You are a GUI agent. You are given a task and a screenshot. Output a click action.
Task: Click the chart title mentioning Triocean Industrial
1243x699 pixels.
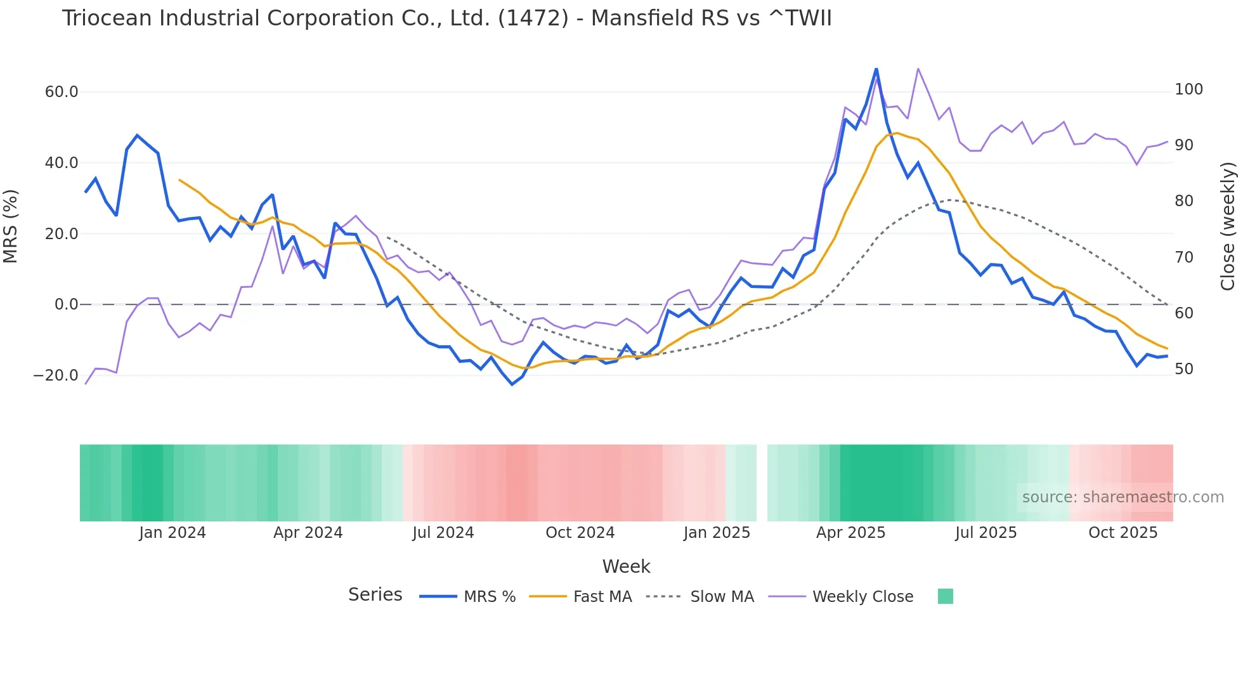click(x=446, y=18)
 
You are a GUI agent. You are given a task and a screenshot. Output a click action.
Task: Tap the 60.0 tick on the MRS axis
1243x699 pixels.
click(x=62, y=92)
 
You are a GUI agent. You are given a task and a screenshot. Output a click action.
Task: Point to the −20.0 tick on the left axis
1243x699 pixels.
click(x=56, y=376)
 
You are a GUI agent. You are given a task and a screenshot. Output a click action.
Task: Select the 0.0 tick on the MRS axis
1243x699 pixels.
click(x=67, y=304)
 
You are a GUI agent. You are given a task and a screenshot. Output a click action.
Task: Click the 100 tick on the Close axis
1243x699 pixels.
click(x=1188, y=89)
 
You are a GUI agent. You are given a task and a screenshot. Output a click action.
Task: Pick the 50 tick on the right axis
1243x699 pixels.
click(x=1184, y=369)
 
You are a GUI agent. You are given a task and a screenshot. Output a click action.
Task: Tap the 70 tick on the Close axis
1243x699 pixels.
click(x=1184, y=258)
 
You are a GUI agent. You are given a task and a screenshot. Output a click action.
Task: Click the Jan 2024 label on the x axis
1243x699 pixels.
click(x=172, y=533)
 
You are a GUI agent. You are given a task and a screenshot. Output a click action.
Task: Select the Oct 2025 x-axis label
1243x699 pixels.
click(x=1123, y=533)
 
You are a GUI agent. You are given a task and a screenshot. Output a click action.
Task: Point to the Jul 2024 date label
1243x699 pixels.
click(x=443, y=533)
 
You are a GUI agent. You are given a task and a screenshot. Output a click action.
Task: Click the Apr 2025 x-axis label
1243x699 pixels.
click(x=850, y=533)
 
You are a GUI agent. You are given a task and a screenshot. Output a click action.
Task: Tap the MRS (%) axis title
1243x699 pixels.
click(x=11, y=226)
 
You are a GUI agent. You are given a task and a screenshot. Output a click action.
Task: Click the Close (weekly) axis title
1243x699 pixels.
click(x=1228, y=226)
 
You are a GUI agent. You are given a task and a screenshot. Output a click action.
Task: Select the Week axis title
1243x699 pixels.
click(x=626, y=566)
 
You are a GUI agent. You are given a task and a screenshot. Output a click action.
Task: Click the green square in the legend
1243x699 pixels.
click(x=945, y=596)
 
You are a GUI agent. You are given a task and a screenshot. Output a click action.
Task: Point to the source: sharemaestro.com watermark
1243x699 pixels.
click(x=1123, y=497)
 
